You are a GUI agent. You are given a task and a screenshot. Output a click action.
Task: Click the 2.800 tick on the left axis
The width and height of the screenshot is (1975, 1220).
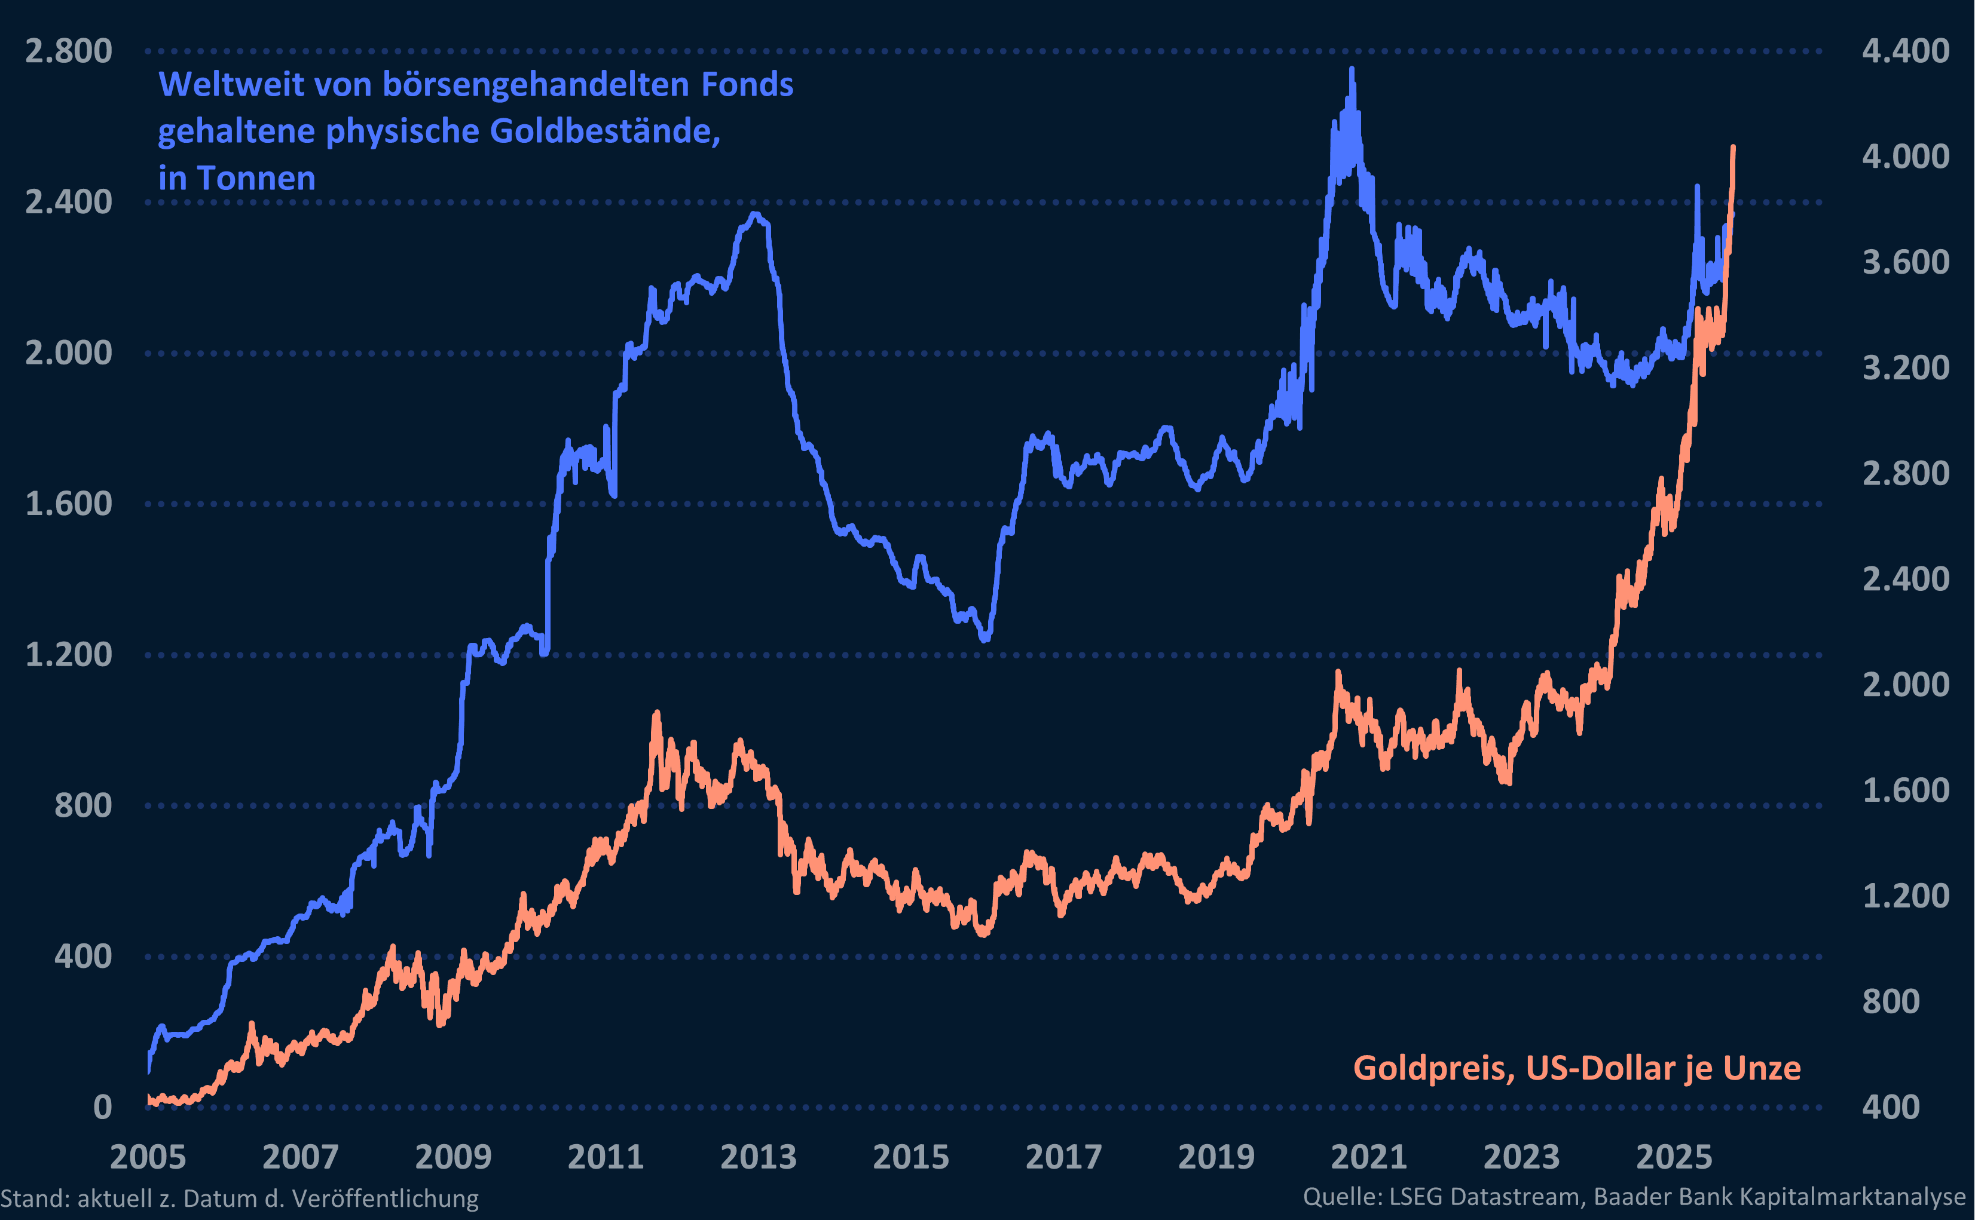69,51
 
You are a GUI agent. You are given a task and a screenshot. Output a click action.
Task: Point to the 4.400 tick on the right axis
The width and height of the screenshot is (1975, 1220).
1906,51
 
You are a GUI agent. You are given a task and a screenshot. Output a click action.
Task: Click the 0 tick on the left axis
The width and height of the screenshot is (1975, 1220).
102,1107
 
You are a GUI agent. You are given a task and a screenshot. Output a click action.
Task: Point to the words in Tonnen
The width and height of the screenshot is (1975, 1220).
237,178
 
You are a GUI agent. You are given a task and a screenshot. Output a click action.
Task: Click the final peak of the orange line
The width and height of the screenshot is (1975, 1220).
1733,148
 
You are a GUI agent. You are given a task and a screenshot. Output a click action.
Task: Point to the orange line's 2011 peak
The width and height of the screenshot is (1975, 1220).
656,713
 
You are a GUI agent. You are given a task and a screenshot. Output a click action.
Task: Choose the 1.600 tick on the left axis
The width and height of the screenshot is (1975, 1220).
69,504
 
